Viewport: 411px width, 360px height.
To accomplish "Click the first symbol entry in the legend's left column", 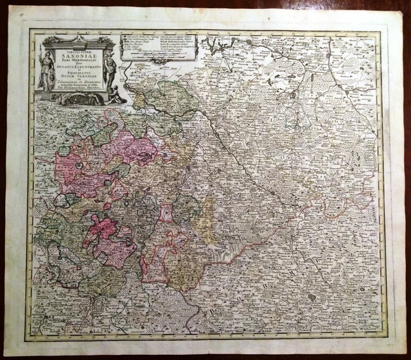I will tap(129, 37).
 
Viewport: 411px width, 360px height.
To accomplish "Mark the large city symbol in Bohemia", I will tap(311, 296).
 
